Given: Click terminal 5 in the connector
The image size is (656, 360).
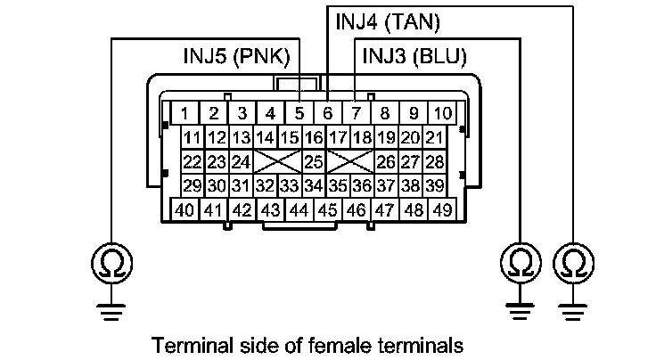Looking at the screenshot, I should tap(299, 114).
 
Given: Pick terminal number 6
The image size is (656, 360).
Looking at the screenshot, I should tap(327, 114).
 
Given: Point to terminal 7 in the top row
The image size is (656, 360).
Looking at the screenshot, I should tap(356, 114).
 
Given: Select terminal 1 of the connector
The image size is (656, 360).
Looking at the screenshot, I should tap(184, 114).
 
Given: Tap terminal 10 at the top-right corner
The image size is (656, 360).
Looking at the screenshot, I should tap(442, 114).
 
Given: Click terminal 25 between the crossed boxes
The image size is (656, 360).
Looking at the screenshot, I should tap(313, 162).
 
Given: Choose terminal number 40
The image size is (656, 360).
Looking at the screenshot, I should tap(184, 211).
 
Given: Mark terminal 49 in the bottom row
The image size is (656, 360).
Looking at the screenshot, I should tap(441, 211).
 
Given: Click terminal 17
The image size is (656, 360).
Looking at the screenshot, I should tap(337, 138).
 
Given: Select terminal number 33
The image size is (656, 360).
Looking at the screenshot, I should tap(288, 186).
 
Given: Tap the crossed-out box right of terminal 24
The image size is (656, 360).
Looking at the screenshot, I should tap(276, 162).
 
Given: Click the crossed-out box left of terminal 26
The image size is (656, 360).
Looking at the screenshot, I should tap(349, 162).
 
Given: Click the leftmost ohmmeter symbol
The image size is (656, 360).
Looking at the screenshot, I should tap(109, 262).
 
